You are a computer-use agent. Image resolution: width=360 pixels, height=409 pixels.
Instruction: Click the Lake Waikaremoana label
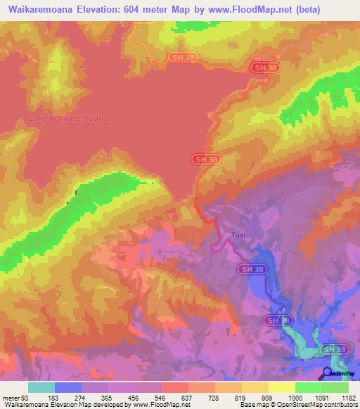[68, 118]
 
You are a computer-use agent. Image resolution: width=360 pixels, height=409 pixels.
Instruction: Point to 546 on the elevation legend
[161, 397]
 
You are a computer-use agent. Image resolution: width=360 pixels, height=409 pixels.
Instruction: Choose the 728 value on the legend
[214, 397]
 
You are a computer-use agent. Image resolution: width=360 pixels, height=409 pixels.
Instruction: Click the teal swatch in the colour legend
[41, 387]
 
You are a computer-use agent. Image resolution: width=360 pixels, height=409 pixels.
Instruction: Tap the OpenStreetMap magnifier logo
[328, 373]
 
